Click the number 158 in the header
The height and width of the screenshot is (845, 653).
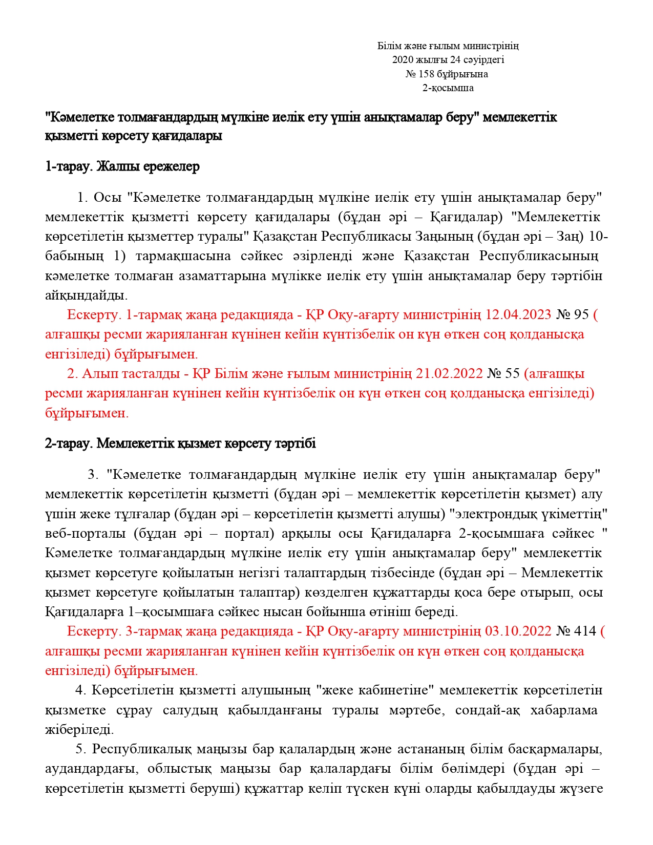pyautogui.click(x=427, y=74)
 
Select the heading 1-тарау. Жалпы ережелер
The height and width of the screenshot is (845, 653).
pyautogui.click(x=122, y=166)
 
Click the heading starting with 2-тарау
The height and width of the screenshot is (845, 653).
pyautogui.click(x=180, y=443)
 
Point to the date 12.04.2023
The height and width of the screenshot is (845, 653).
pyautogui.click(x=518, y=314)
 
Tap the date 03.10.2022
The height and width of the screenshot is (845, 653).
pyautogui.click(x=518, y=631)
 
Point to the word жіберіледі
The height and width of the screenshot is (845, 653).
pyautogui.click(x=79, y=730)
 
